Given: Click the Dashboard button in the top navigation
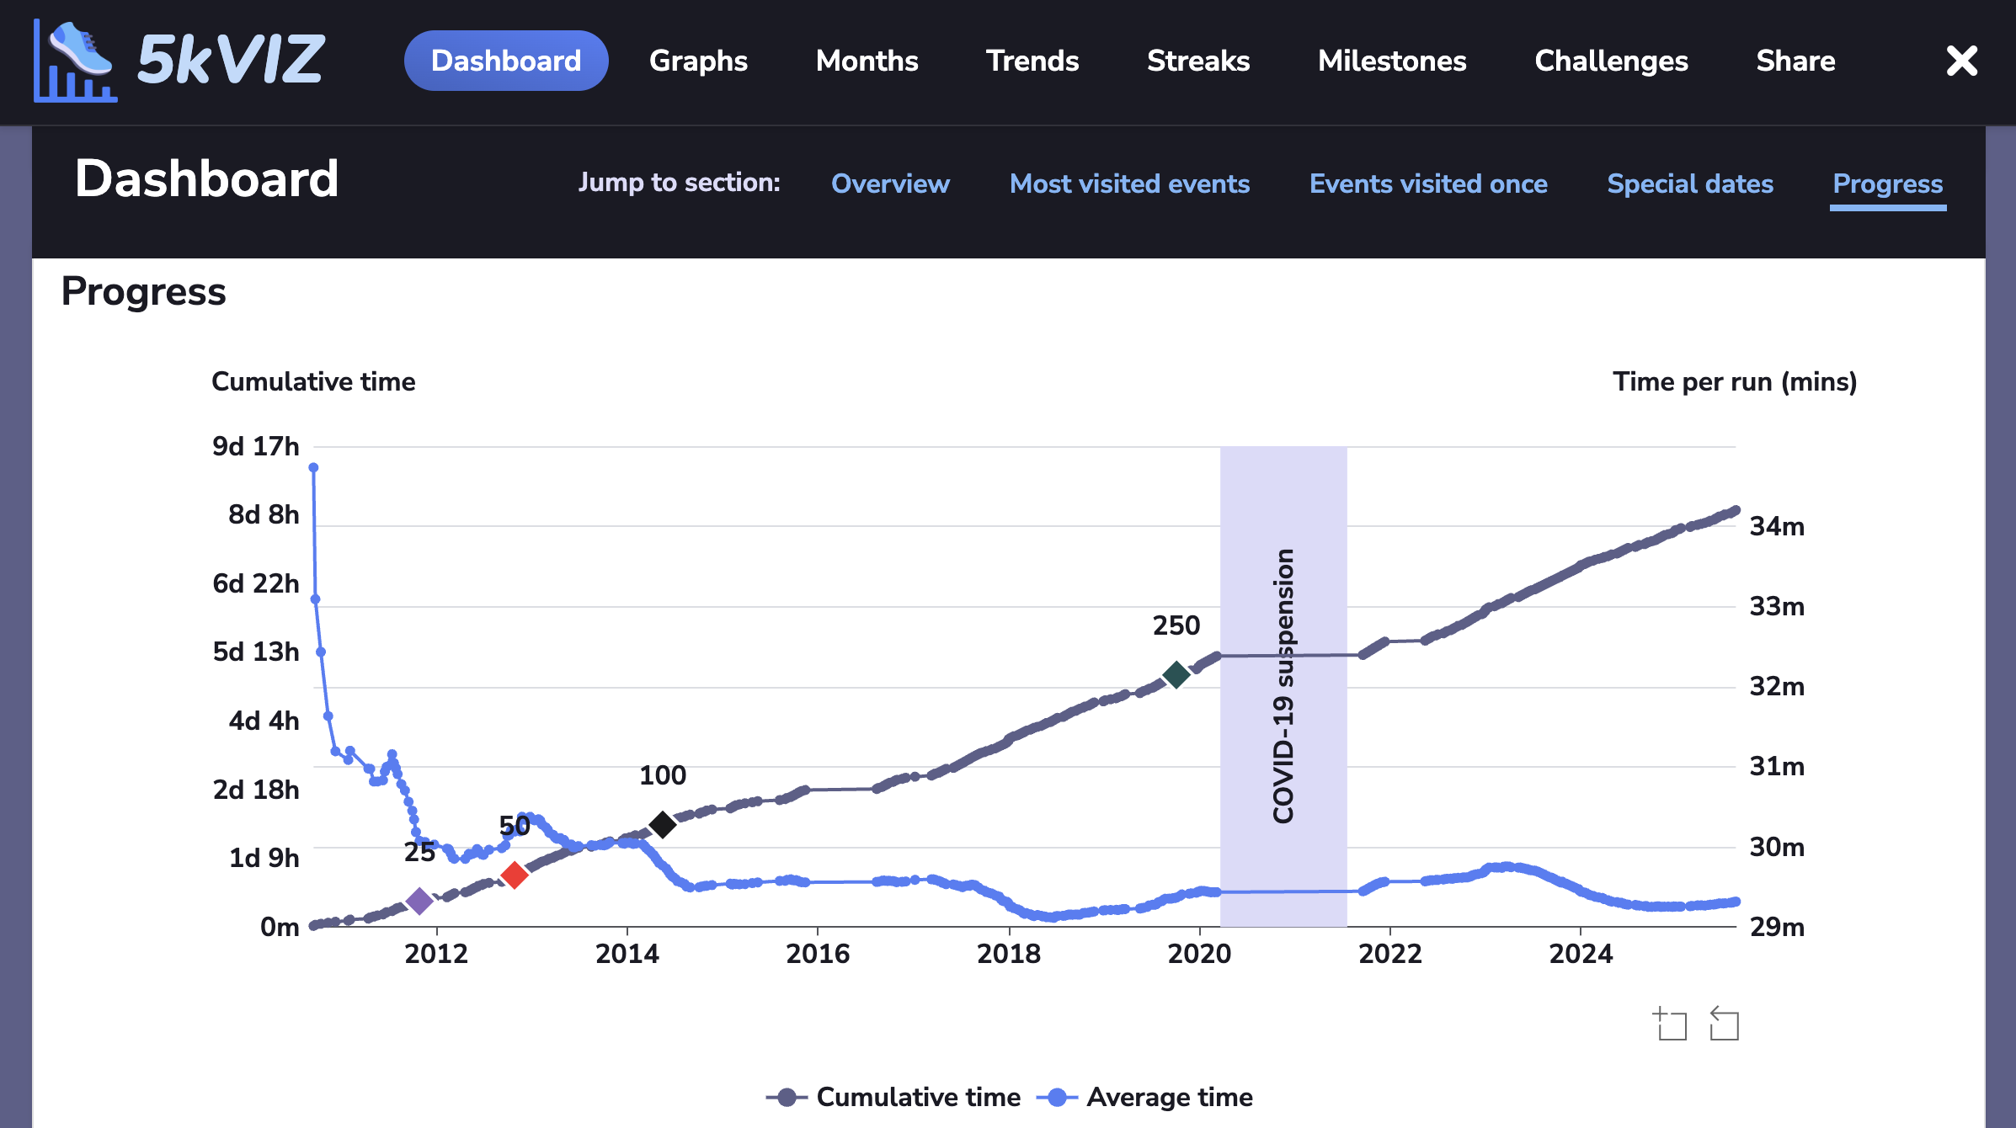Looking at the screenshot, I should click(506, 61).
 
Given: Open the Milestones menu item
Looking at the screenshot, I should click(1392, 61).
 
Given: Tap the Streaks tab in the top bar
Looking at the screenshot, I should click(1198, 61).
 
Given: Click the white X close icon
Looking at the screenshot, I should click(1961, 61).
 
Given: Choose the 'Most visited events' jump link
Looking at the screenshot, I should click(1129, 184).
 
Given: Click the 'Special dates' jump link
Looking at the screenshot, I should click(1690, 184).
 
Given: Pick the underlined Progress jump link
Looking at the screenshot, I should click(1888, 184).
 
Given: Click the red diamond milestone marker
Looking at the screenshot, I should click(515, 875).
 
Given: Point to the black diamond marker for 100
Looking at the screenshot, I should click(663, 824).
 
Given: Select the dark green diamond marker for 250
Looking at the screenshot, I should click(1176, 674).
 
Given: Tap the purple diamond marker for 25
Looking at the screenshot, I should click(419, 901).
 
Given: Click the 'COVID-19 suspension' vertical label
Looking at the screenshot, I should click(1283, 686).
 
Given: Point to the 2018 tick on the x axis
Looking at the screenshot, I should click(1009, 953).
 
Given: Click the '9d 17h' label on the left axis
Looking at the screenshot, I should click(256, 446).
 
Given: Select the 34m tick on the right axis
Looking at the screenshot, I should click(1777, 526).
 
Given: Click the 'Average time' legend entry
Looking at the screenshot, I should click(1169, 1097).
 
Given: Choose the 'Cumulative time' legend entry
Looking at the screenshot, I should click(918, 1097).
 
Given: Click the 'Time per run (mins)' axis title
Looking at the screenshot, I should click(1735, 381).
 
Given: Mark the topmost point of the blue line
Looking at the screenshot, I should click(313, 468).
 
